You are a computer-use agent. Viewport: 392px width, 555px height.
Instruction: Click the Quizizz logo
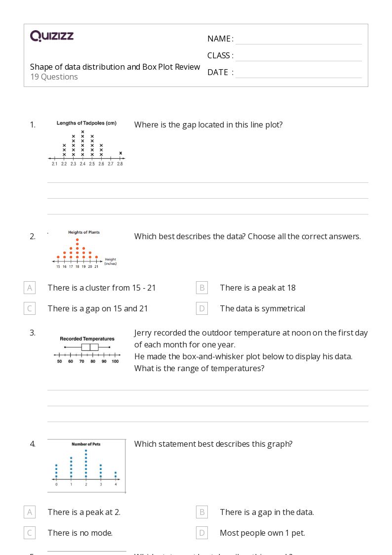point(52,36)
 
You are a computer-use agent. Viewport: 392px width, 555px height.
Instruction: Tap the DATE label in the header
point(218,72)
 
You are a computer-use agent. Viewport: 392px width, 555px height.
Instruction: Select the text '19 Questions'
point(54,77)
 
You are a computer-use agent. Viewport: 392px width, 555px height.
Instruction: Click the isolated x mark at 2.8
point(120,153)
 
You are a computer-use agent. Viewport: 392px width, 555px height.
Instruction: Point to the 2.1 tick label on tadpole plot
point(54,164)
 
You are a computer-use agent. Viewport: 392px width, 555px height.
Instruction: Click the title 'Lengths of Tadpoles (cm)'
point(86,123)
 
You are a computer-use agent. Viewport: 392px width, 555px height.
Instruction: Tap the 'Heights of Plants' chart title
point(83,232)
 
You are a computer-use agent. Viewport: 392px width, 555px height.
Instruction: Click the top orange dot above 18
point(78,240)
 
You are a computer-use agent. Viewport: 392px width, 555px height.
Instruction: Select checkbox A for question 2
point(30,288)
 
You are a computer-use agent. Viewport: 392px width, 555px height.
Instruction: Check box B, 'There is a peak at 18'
point(201,288)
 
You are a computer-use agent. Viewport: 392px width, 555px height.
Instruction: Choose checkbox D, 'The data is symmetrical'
point(201,308)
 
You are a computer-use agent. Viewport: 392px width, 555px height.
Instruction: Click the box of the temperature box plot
point(90,347)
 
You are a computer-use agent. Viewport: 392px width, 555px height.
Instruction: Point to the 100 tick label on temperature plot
point(115,362)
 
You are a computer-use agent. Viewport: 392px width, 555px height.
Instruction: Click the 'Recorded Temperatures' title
point(87,339)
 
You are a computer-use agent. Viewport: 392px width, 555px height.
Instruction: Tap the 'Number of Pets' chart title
point(86,444)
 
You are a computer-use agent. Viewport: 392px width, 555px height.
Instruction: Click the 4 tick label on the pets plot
point(116,484)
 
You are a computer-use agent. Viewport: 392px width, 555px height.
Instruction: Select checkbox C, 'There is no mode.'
point(30,533)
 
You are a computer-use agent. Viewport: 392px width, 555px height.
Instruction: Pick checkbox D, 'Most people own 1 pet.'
point(201,533)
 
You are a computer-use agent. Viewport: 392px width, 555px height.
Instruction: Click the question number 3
point(33,333)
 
